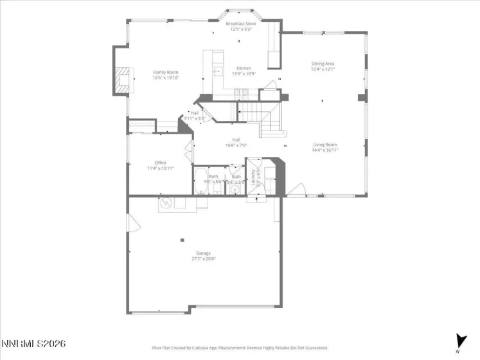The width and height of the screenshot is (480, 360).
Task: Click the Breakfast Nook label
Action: tap(241, 23)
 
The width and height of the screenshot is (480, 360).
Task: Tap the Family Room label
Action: tap(165, 72)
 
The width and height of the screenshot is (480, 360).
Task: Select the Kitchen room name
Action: tap(244, 68)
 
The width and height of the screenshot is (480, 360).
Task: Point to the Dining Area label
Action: tap(323, 64)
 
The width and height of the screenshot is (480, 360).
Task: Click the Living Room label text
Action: tap(324, 145)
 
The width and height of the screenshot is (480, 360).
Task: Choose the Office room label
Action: tap(160, 163)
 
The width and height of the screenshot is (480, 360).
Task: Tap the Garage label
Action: tap(204, 253)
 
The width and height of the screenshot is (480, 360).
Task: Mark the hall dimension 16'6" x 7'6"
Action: tap(236, 145)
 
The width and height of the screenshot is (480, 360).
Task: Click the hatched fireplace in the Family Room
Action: tap(121, 80)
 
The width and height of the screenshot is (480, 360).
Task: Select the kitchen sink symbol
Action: tap(217, 71)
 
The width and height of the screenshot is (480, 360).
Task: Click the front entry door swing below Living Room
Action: tap(296, 189)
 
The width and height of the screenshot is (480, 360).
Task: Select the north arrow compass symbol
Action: tap(459, 341)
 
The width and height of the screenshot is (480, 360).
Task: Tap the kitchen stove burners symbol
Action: tap(242, 93)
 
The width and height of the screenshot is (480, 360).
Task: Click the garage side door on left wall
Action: tap(133, 224)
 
